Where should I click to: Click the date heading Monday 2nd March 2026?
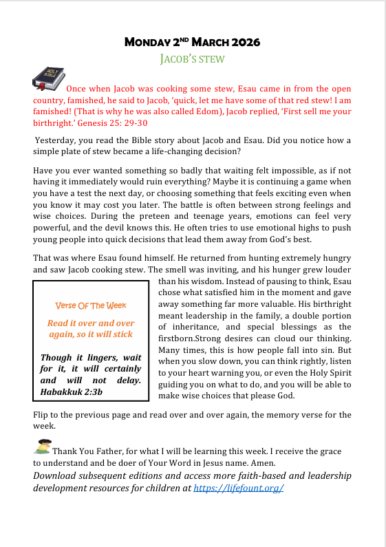pos(192,42)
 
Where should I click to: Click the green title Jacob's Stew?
pos(192,58)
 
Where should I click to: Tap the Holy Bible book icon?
pos(48,78)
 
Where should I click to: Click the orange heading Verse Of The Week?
pos(90,305)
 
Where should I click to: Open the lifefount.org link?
pos(239,488)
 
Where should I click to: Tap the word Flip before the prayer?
pos(42,415)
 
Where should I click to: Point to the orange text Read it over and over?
pos(90,323)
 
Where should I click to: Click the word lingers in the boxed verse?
pos(96,358)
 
